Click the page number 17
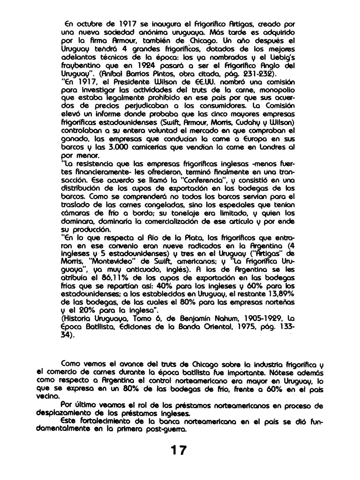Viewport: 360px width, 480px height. coord(177,450)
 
